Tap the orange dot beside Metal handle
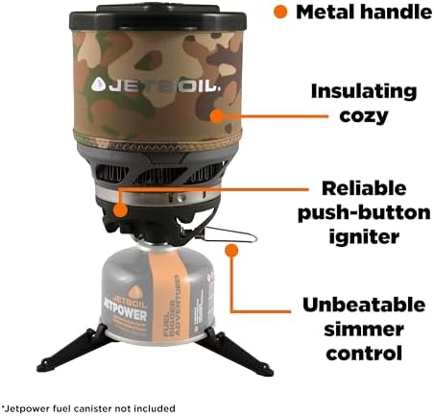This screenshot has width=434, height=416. coord(280,13)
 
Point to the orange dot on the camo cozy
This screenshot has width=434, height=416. coord(217,115)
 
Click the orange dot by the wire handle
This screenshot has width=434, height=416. coord(229,250)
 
